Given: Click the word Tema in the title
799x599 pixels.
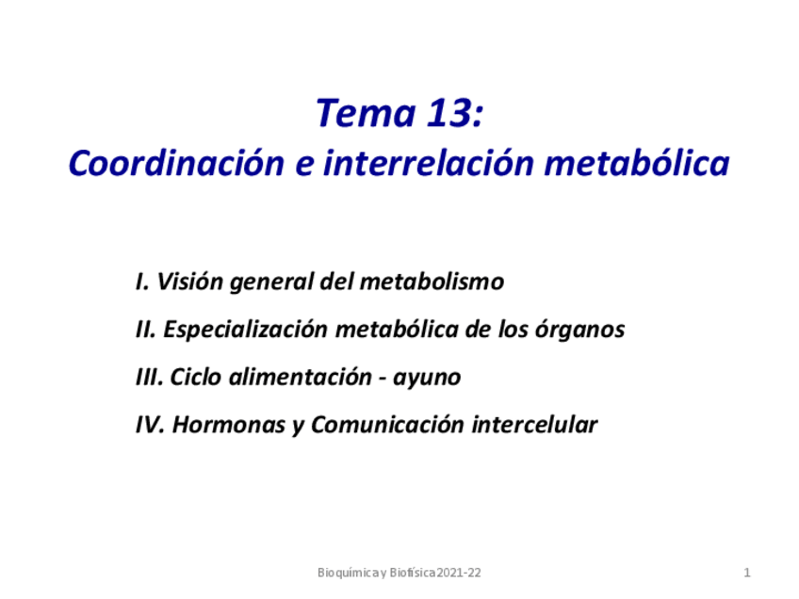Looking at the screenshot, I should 353,114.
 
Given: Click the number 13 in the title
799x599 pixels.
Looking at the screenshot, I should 443,114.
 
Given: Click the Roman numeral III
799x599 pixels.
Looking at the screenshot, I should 149,378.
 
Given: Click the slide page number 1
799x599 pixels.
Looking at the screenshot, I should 746,573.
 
